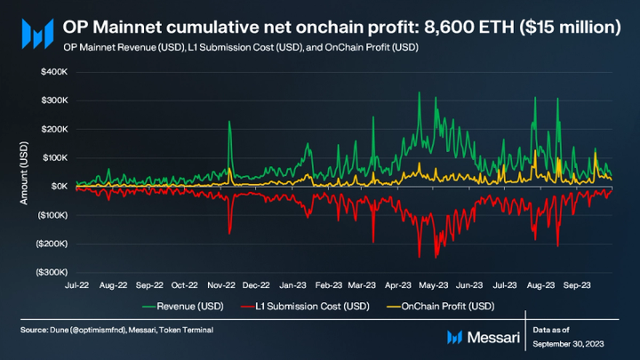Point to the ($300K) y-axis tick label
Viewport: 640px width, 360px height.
52,272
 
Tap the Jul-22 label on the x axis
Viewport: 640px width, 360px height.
77,286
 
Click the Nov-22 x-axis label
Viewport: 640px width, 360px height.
220,286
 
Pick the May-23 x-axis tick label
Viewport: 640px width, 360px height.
434,286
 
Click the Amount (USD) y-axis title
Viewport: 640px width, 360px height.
25,173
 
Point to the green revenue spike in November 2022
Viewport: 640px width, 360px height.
229,124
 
